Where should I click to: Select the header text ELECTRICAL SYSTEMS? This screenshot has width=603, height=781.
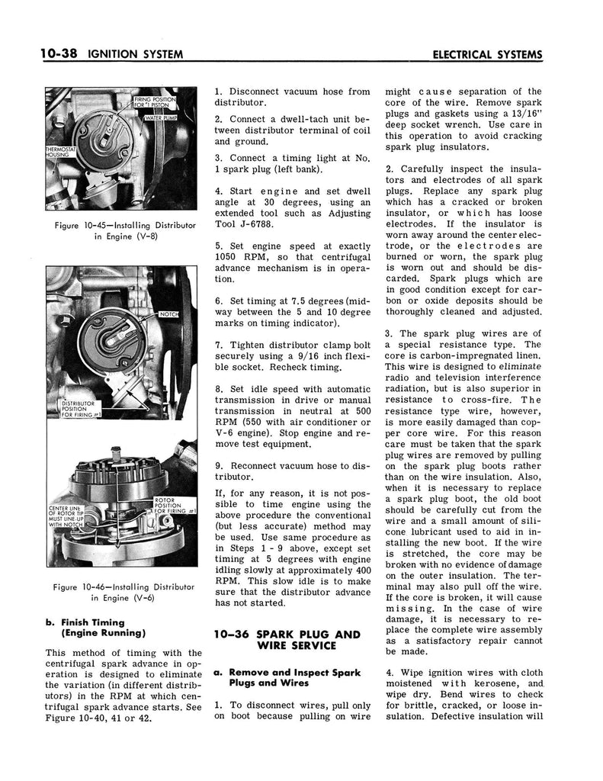click(486, 55)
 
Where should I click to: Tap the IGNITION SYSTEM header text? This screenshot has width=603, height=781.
click(136, 55)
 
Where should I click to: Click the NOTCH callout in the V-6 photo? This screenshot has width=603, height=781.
click(168, 314)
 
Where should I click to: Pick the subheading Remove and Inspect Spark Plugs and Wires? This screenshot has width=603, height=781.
click(292, 679)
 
